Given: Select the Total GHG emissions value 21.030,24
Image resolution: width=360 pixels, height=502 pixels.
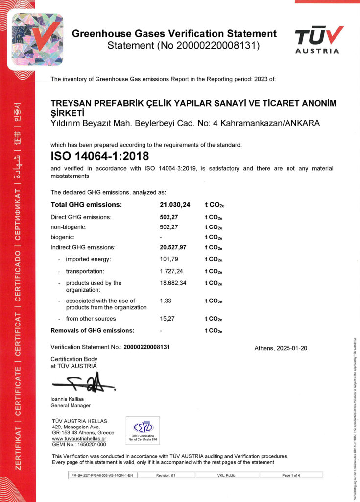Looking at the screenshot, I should pos(175,204).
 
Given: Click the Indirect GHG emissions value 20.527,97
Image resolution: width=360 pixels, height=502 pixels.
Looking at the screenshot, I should pos(175,247).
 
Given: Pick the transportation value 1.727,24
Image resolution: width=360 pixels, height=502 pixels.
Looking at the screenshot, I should pos(172,271).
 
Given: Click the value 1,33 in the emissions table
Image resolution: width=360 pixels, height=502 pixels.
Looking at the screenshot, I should pos(165,301).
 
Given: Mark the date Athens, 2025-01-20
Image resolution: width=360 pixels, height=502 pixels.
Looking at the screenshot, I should pos(280,348).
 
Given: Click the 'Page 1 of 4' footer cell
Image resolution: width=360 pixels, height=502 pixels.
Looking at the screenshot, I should pos(291,475).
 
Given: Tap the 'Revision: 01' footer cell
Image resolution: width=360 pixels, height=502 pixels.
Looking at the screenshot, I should pos(166,475).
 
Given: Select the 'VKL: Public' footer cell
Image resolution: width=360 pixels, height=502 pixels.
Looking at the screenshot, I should pos(226,475).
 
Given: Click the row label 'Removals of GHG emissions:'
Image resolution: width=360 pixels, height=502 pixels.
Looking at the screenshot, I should pos(93,330).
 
